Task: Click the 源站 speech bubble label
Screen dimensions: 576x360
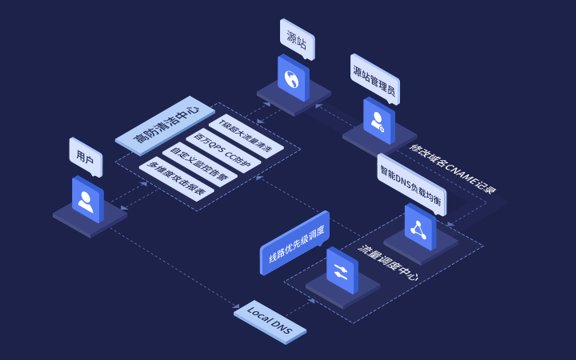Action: point(297,39)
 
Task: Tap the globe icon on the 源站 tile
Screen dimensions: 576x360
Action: point(292,79)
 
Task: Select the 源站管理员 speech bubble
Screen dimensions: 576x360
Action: point(374,79)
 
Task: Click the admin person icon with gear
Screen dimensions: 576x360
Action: point(378,122)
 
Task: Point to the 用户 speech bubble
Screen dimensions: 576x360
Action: point(86,158)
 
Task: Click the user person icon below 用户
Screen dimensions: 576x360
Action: point(86,202)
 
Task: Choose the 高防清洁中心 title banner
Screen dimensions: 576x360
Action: point(165,126)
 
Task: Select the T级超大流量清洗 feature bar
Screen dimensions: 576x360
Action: point(246,136)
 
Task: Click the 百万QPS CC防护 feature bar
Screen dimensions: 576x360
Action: point(223,150)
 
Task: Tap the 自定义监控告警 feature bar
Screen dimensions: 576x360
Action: point(200,165)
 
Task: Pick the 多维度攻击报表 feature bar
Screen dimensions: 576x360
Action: point(176,179)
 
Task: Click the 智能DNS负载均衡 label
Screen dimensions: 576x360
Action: point(411,185)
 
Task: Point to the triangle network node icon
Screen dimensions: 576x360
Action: point(418,230)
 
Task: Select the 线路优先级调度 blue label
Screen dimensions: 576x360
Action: point(294,242)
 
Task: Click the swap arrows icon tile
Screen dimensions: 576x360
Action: point(342,270)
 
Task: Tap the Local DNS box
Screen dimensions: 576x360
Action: point(270,322)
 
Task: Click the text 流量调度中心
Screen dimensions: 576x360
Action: point(388,263)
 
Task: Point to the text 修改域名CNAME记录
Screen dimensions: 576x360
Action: point(453,169)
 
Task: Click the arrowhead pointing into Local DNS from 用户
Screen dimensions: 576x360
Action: point(236,306)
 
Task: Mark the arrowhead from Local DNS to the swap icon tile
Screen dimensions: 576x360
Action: point(311,301)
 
